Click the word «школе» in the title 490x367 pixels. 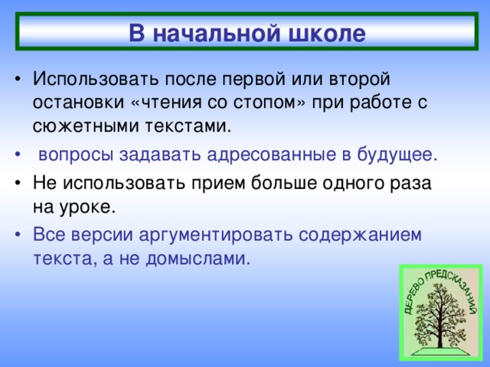point(327,33)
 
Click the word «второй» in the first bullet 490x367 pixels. point(359,80)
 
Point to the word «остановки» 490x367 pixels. point(78,102)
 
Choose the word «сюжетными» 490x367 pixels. point(85,126)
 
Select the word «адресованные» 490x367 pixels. point(271,154)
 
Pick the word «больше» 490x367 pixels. point(283,183)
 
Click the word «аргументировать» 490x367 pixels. point(216,235)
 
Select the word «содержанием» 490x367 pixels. point(361,235)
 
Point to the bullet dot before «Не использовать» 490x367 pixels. point(18,183)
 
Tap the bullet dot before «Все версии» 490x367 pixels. point(18,235)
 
